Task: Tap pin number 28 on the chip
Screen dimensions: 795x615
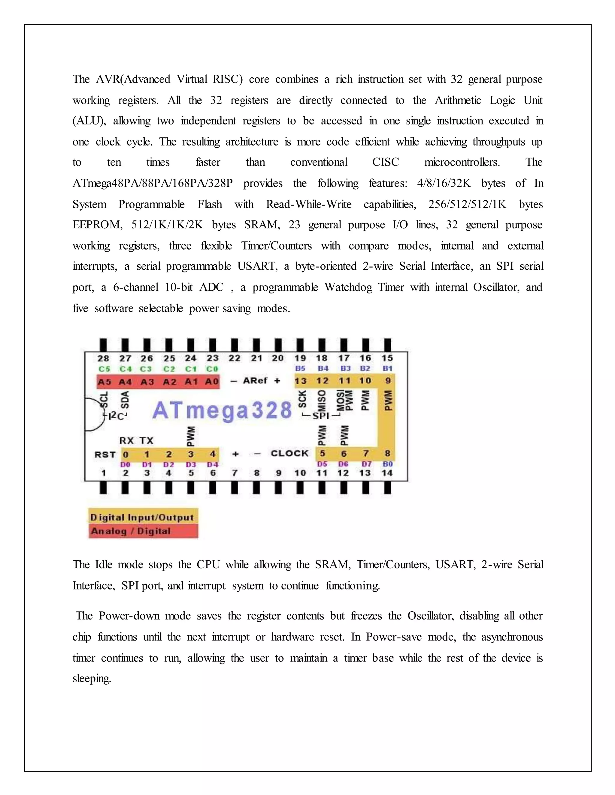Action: coord(104,358)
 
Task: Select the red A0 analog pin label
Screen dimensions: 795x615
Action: coord(212,382)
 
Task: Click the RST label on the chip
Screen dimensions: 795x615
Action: coord(105,454)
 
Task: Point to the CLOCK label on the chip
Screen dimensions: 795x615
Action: coord(289,454)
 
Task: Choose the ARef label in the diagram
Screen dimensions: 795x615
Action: coord(255,381)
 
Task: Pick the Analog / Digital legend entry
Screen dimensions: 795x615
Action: coord(131,531)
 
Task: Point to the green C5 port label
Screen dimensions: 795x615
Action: coord(104,369)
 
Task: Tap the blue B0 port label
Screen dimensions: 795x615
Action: coord(388,464)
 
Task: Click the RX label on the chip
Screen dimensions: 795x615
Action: coord(126,441)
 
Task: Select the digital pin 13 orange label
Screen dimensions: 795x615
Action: coord(301,381)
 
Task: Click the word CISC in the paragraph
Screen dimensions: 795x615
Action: coord(386,162)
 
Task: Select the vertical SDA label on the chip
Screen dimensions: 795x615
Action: coord(125,400)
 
